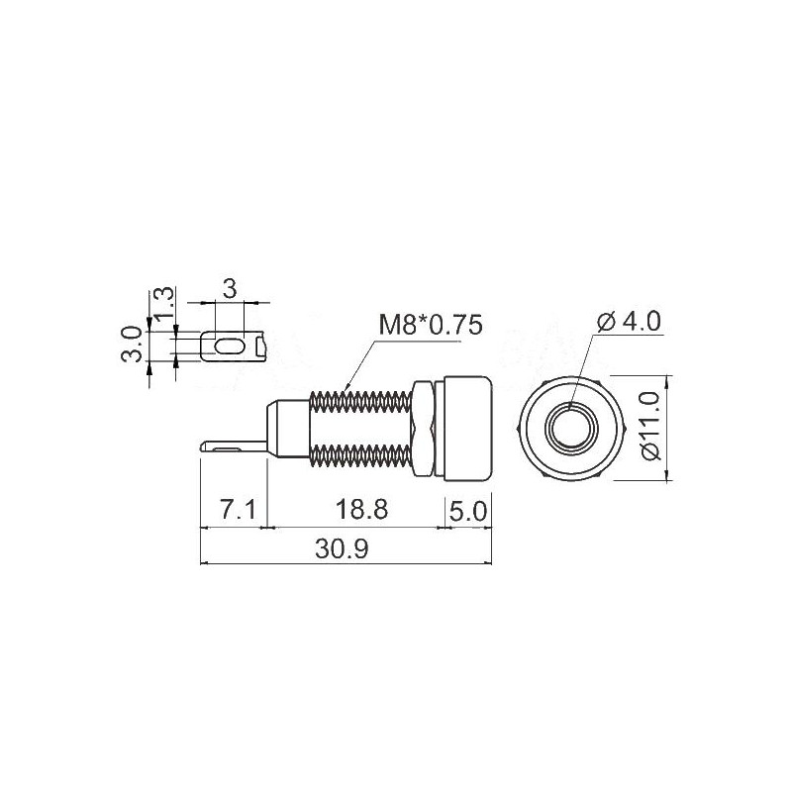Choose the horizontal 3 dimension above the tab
[x=229, y=289]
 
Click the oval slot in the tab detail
[x=229, y=346]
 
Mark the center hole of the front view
[x=572, y=427]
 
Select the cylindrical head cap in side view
[x=467, y=427]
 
